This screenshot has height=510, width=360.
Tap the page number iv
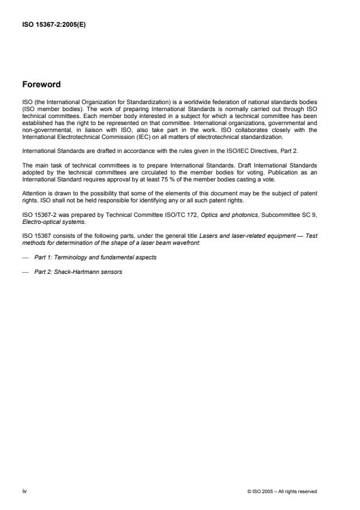point(24,491)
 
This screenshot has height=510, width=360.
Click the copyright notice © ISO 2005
point(282,492)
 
